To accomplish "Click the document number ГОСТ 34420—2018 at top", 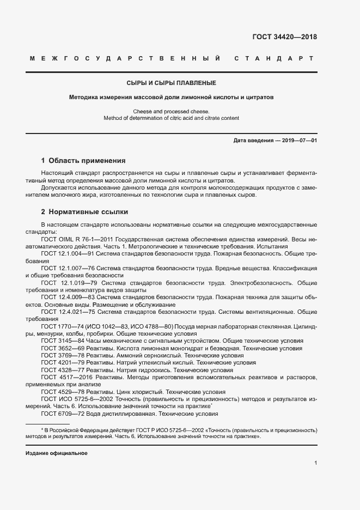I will (x=284, y=38).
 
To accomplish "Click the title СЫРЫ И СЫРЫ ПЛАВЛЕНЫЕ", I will (x=171, y=83).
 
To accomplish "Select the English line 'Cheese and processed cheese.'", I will (x=171, y=112).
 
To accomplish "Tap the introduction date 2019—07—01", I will (x=297, y=141).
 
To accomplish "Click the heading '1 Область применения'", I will (x=83, y=161).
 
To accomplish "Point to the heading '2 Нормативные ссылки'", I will (x=84, y=212).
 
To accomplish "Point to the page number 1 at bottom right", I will (x=315, y=463).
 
